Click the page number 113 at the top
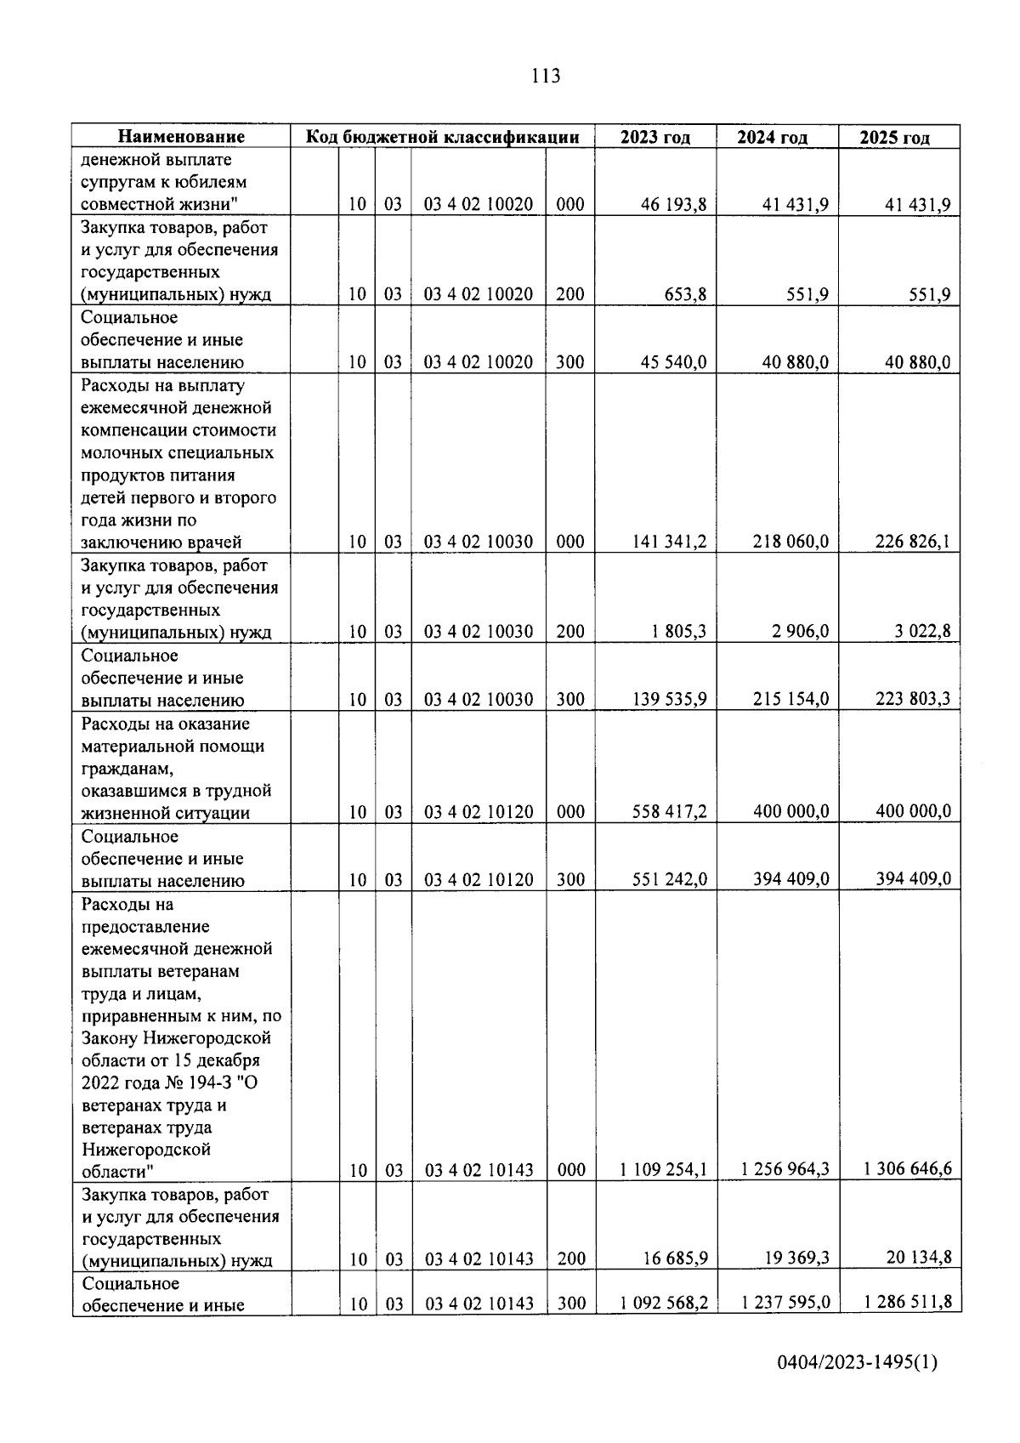(545, 77)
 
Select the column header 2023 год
(654, 138)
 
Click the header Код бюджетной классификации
(442, 137)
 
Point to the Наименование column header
(181, 137)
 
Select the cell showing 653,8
(685, 295)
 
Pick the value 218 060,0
(790, 542)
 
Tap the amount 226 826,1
(913, 542)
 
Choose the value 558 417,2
(669, 812)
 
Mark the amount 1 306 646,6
(907, 1170)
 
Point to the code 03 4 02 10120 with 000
(479, 812)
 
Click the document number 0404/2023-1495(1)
(857, 1387)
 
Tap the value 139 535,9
(669, 700)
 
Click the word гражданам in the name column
(127, 769)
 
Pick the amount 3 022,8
(919, 632)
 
